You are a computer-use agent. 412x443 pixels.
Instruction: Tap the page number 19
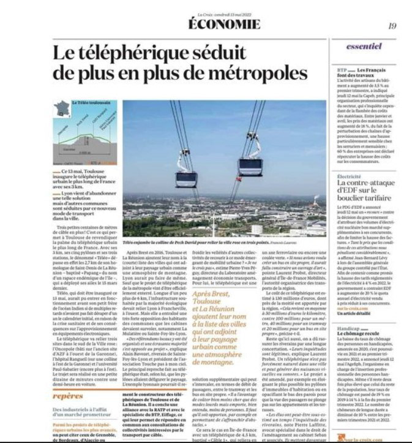392,25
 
